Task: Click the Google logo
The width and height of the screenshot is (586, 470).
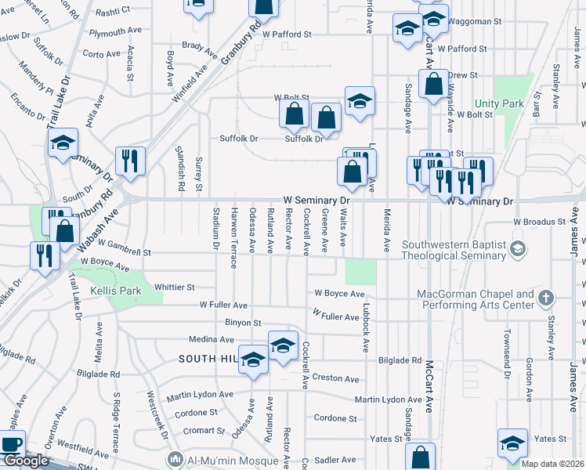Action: pos(25,461)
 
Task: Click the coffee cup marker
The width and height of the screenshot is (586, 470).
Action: pos(11,444)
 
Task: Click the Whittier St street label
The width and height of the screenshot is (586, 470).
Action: pos(174,287)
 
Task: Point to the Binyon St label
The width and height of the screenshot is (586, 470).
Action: pos(243,322)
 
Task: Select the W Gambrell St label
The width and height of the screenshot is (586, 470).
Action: pos(125,253)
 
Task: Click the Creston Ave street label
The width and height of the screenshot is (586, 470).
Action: pos(336,378)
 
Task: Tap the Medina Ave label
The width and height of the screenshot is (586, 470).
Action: pos(212,340)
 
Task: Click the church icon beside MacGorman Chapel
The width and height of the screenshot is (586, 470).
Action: pos(547,298)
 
